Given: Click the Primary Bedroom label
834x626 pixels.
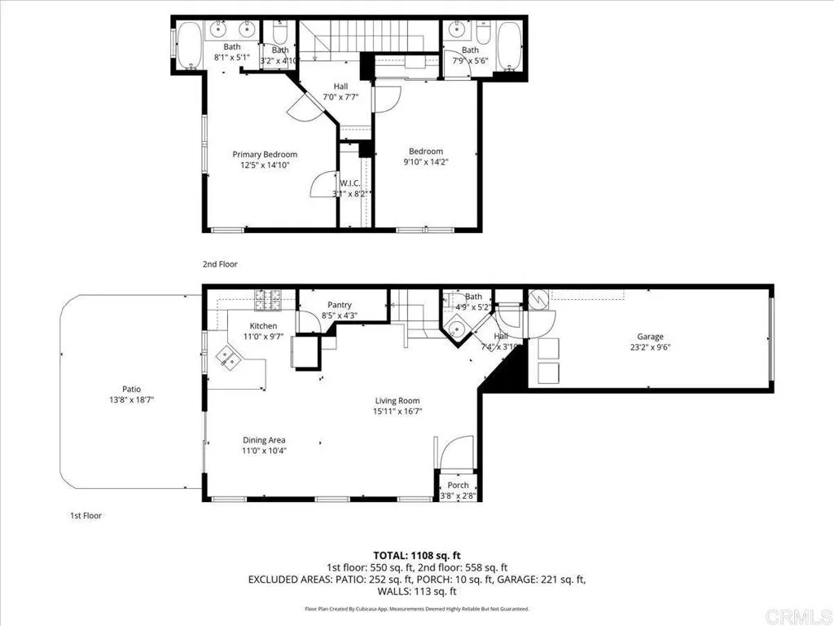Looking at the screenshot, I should [x=265, y=154].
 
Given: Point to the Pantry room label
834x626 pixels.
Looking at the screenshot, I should [x=339, y=305].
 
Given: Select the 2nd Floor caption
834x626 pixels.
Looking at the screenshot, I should [x=220, y=264].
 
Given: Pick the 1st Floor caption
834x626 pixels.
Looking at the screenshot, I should [x=86, y=515].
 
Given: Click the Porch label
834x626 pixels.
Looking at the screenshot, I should [x=458, y=485].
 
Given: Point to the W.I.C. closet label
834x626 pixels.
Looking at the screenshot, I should [x=350, y=183].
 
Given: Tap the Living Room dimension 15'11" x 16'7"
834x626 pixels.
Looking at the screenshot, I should [x=397, y=411].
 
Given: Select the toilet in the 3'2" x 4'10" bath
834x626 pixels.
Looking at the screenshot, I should [x=279, y=35].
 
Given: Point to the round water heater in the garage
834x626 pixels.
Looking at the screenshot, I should [x=538, y=302].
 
